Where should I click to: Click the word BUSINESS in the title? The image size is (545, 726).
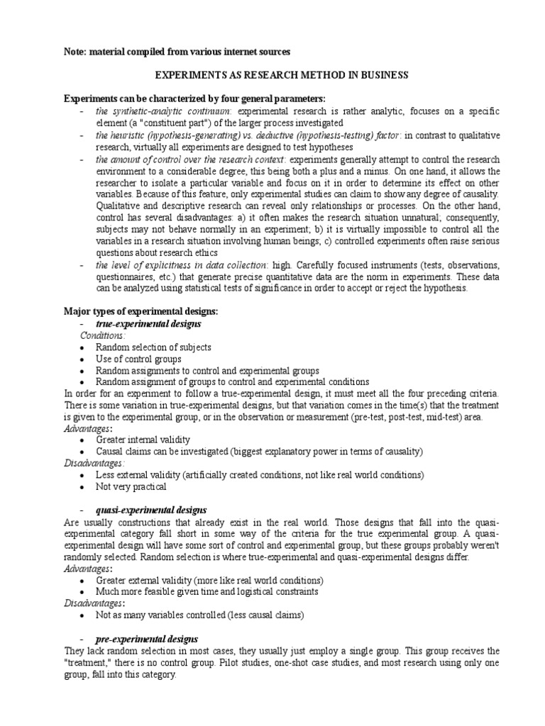[x=383, y=74]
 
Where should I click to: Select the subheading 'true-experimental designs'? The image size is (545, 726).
[x=148, y=323]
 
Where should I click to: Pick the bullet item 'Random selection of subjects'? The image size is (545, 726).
[x=153, y=347]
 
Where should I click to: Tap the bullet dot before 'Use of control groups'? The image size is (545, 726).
[x=83, y=359]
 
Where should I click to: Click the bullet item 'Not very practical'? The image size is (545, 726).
[x=131, y=487]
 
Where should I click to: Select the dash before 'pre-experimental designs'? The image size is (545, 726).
[x=83, y=639]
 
